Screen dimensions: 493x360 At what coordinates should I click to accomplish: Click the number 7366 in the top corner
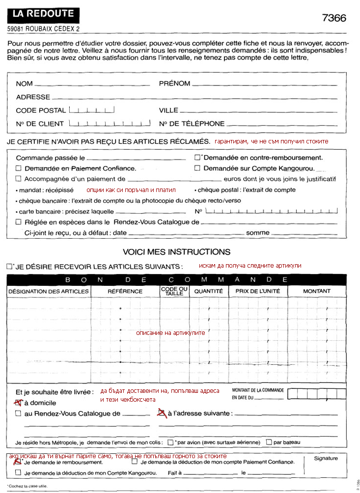point(334,18)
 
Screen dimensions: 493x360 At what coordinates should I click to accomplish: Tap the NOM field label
point(24,84)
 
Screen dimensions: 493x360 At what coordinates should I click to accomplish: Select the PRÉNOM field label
point(174,84)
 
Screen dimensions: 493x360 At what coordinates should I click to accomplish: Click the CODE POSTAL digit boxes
point(92,110)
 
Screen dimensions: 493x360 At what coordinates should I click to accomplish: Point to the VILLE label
point(168,110)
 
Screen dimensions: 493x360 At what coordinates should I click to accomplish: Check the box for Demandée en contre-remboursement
point(197,158)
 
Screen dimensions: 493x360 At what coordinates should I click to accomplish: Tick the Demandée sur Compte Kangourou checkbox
point(197,168)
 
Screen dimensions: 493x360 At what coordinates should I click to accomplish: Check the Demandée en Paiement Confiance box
point(19,168)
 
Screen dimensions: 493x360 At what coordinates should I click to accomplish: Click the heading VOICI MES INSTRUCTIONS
point(176,252)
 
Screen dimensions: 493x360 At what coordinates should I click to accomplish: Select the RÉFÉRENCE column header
point(125,291)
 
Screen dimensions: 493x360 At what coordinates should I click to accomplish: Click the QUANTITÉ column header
point(208,291)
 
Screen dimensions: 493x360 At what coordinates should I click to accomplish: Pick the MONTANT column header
point(317,291)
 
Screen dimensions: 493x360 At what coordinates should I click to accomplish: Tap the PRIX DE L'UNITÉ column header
point(258,291)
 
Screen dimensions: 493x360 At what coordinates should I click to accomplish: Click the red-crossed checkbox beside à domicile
point(19,403)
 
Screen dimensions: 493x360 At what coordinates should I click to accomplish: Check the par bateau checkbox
point(269,442)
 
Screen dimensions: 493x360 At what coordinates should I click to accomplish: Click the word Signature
point(326,459)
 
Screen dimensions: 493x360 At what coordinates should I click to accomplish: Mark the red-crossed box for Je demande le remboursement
point(18,462)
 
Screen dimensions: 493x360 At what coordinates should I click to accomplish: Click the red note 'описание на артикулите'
point(170,333)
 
